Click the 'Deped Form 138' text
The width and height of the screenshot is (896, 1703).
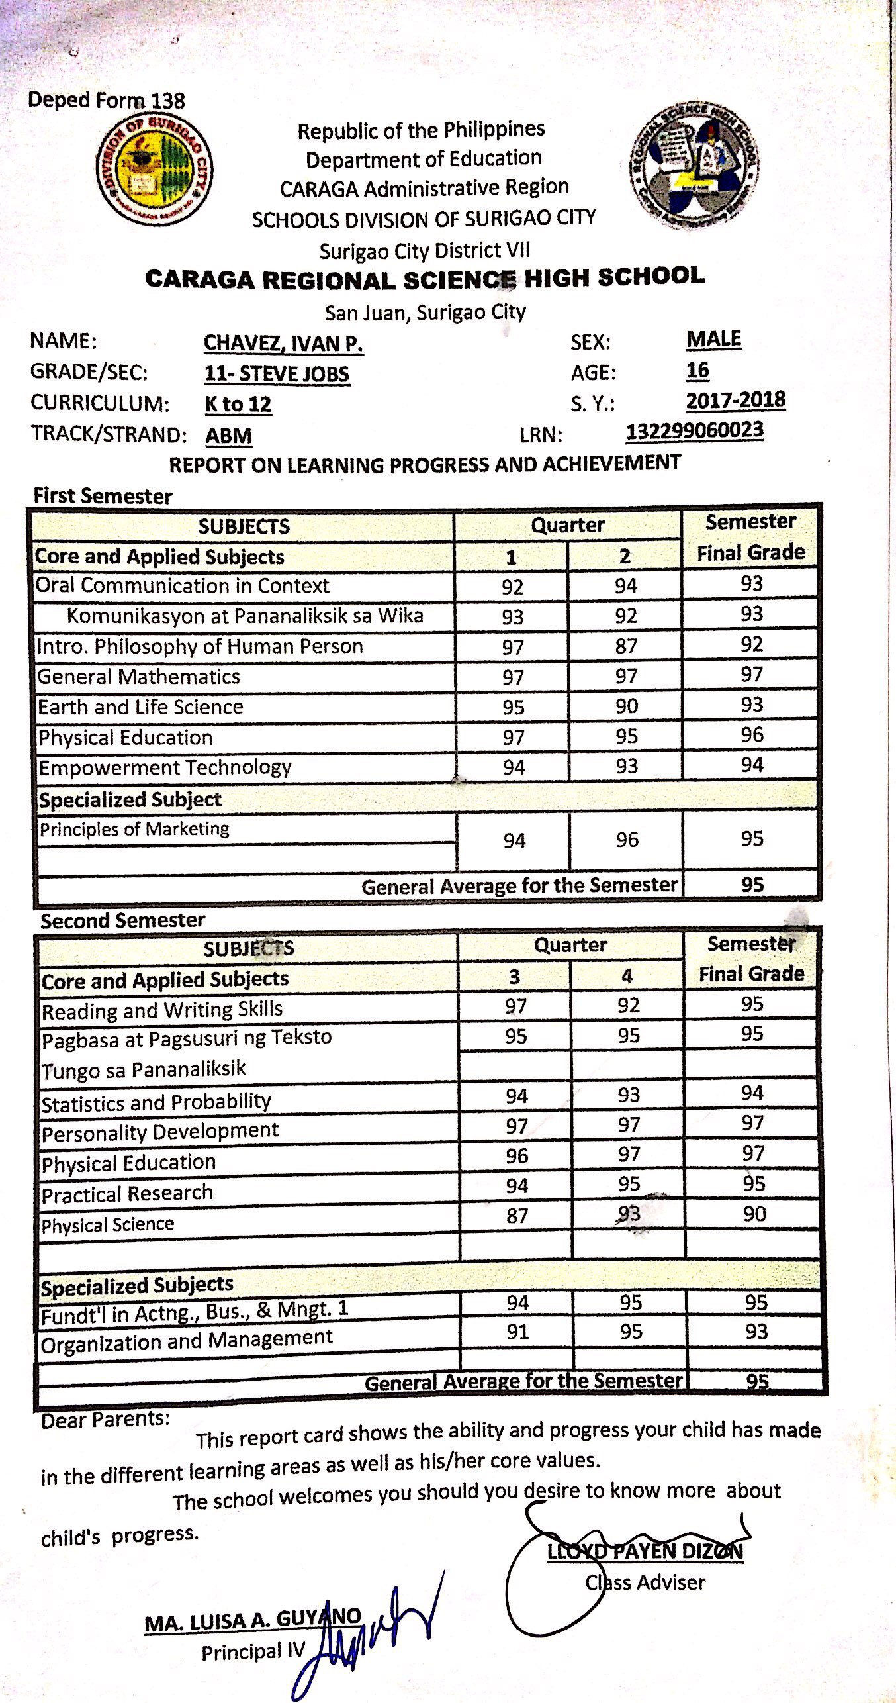[x=107, y=101]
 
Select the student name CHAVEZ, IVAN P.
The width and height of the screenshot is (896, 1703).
[x=283, y=343]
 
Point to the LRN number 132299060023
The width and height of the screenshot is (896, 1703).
[x=695, y=431]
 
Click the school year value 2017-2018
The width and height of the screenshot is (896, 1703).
[x=735, y=401]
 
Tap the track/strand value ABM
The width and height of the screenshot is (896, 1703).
[x=228, y=436]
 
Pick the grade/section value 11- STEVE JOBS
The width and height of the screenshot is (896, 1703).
[x=277, y=374]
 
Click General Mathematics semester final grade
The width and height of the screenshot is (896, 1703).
[x=752, y=675]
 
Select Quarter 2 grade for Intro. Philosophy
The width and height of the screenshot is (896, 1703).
[x=625, y=646]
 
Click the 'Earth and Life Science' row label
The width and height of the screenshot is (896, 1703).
[x=141, y=707]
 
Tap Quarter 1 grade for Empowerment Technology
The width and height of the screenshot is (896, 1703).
[x=514, y=767]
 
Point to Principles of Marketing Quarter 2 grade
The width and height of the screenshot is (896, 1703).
[x=627, y=840]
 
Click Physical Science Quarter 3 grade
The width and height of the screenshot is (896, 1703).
[x=517, y=1216]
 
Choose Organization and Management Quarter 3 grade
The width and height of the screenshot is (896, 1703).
[x=517, y=1332]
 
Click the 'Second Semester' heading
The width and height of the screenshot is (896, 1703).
[x=122, y=920]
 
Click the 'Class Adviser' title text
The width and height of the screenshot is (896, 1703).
[x=645, y=1582]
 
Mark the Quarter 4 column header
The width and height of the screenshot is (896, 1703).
[x=627, y=975]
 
